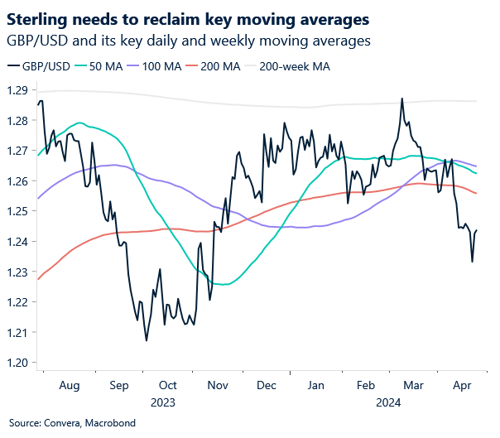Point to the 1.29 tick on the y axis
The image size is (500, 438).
click(x=17, y=90)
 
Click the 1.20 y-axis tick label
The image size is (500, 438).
click(x=17, y=363)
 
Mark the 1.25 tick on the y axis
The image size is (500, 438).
click(x=17, y=211)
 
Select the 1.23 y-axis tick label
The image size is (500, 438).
click(x=17, y=272)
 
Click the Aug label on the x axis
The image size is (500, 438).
click(x=70, y=386)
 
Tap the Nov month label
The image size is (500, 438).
click(x=218, y=386)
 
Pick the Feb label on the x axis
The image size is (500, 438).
click(x=365, y=386)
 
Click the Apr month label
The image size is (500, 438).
click(x=462, y=386)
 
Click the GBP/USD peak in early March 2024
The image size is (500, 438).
click(x=401, y=99)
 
